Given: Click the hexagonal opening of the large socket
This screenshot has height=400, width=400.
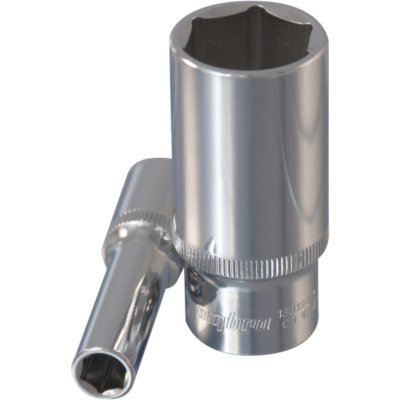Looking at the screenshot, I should click(x=250, y=41).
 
